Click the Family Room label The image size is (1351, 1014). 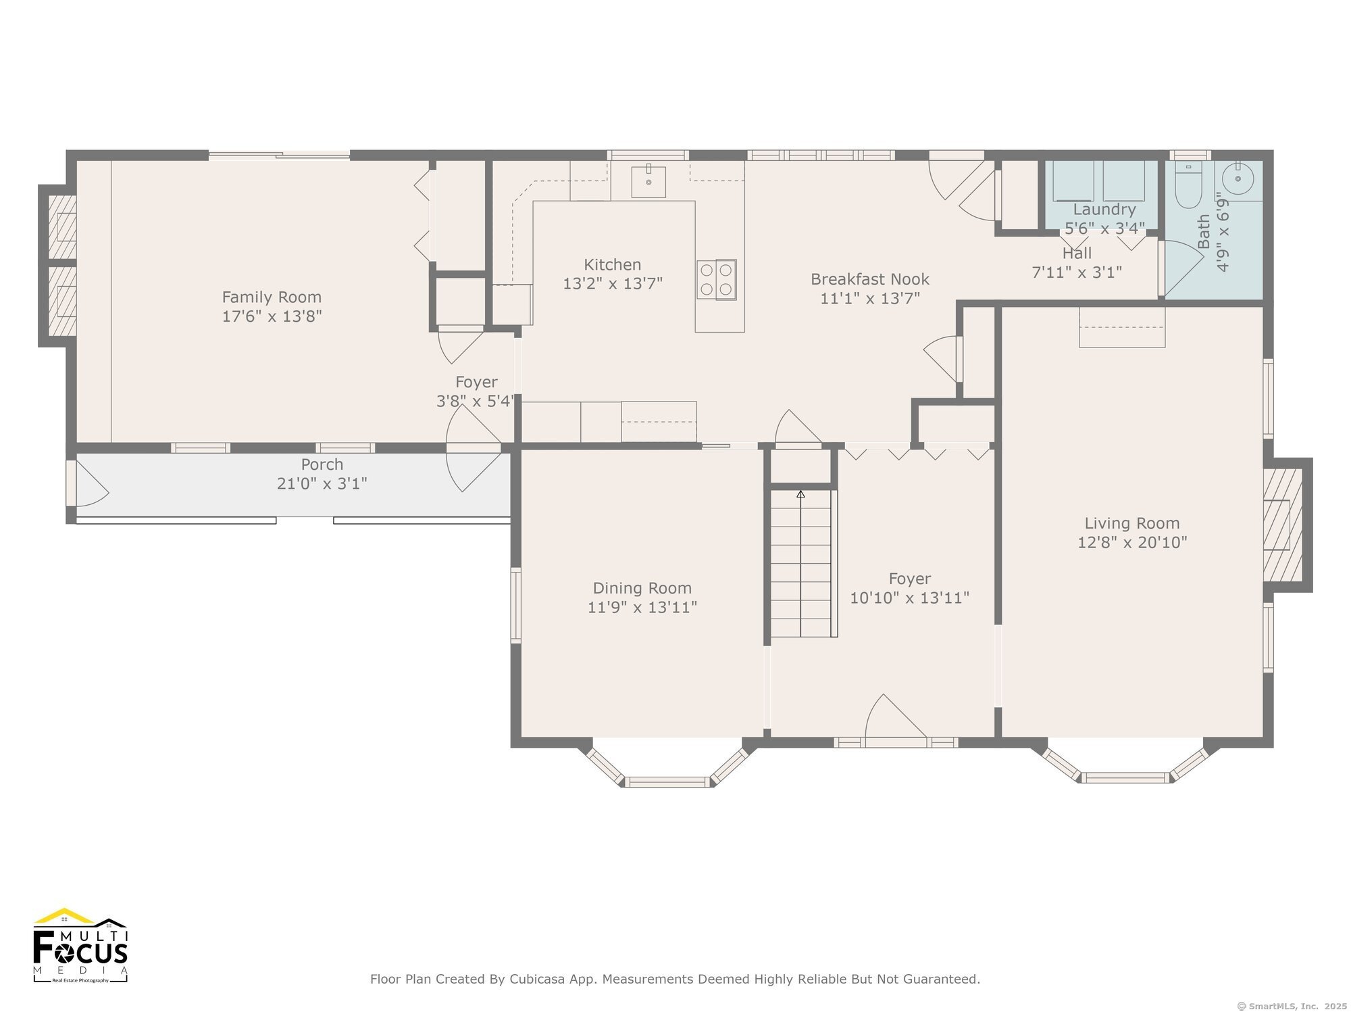272,297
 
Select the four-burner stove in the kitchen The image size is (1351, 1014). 717,279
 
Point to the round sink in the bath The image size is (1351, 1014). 1238,179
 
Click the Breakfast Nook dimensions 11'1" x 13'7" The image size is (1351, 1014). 870,298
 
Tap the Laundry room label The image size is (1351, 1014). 1104,210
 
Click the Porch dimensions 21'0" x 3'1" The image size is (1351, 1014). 322,484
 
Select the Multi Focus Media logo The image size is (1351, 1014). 80,945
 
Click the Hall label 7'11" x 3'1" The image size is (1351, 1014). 1077,263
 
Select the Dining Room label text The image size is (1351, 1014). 642,588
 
